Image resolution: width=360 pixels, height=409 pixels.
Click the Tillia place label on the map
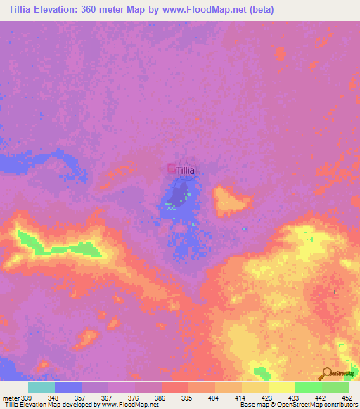(186, 170)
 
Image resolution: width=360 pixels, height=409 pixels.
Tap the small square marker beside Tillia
(171, 169)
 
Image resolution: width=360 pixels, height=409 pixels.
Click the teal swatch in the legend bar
(41, 387)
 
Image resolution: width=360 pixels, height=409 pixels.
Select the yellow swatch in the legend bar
(281, 387)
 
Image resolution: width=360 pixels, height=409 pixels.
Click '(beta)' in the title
(257, 10)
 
